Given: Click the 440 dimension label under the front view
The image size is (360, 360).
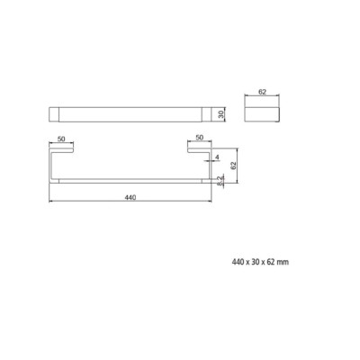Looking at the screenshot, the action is click(130, 197).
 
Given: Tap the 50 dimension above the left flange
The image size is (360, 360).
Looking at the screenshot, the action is click(61, 139).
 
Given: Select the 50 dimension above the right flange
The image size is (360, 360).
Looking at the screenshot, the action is click(199, 138).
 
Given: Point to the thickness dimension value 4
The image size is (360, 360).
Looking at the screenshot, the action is click(217, 157).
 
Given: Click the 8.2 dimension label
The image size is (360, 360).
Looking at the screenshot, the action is click(220, 181).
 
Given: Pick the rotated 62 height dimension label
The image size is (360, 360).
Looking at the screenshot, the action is click(234, 166).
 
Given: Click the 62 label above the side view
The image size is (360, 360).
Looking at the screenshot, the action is click(262, 92).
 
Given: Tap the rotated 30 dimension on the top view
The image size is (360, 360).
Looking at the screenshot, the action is click(221, 114).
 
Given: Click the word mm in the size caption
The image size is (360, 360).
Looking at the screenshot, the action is click(283, 262).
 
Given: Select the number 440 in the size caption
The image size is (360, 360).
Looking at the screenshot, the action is click(238, 262).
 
